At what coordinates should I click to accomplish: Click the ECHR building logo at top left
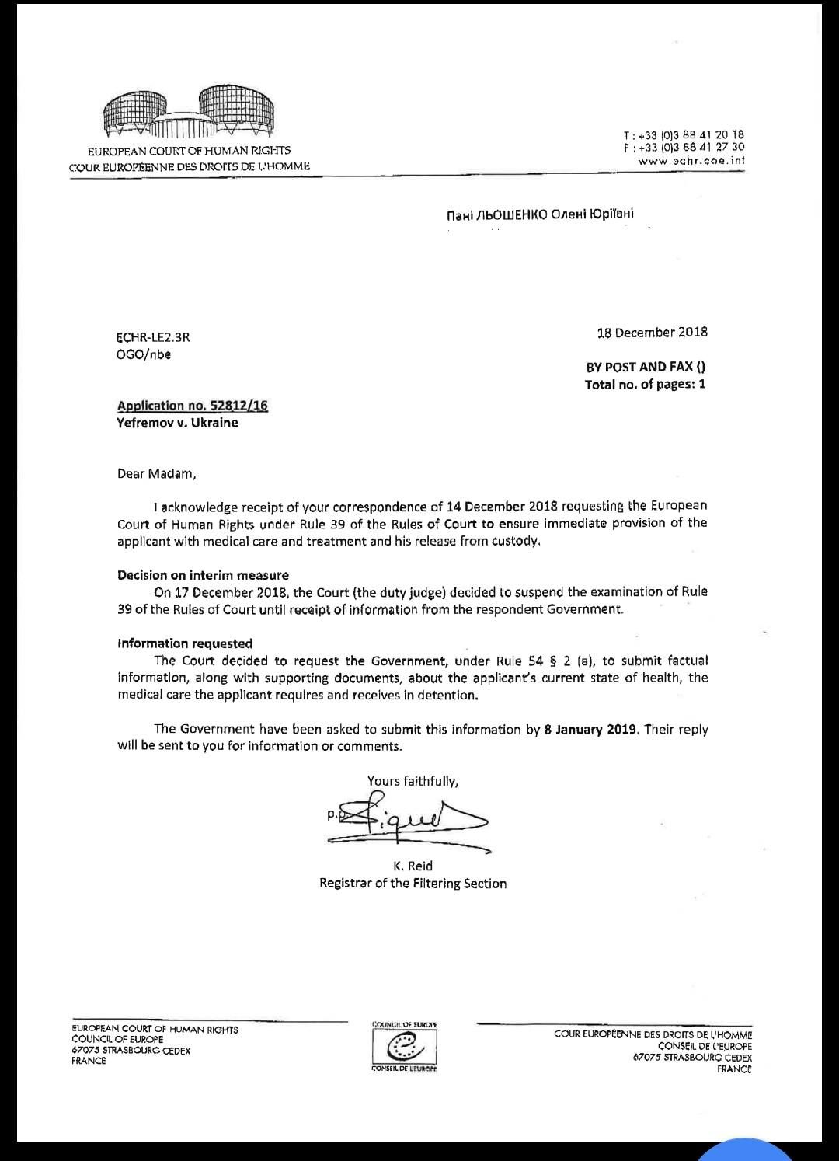point(189,113)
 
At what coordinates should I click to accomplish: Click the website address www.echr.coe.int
point(691,161)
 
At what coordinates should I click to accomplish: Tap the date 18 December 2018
point(652,333)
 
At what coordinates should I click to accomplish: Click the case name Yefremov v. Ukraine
point(177,423)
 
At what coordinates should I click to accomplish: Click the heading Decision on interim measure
point(203,575)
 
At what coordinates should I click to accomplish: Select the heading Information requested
point(185,643)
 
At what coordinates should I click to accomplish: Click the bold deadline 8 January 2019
point(590,729)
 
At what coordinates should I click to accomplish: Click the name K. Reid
point(413,866)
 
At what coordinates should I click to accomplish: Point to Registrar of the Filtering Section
point(413,884)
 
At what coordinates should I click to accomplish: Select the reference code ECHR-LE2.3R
point(153,337)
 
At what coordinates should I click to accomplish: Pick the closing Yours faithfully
point(413,781)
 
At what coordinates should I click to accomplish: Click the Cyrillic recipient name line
point(540,214)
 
